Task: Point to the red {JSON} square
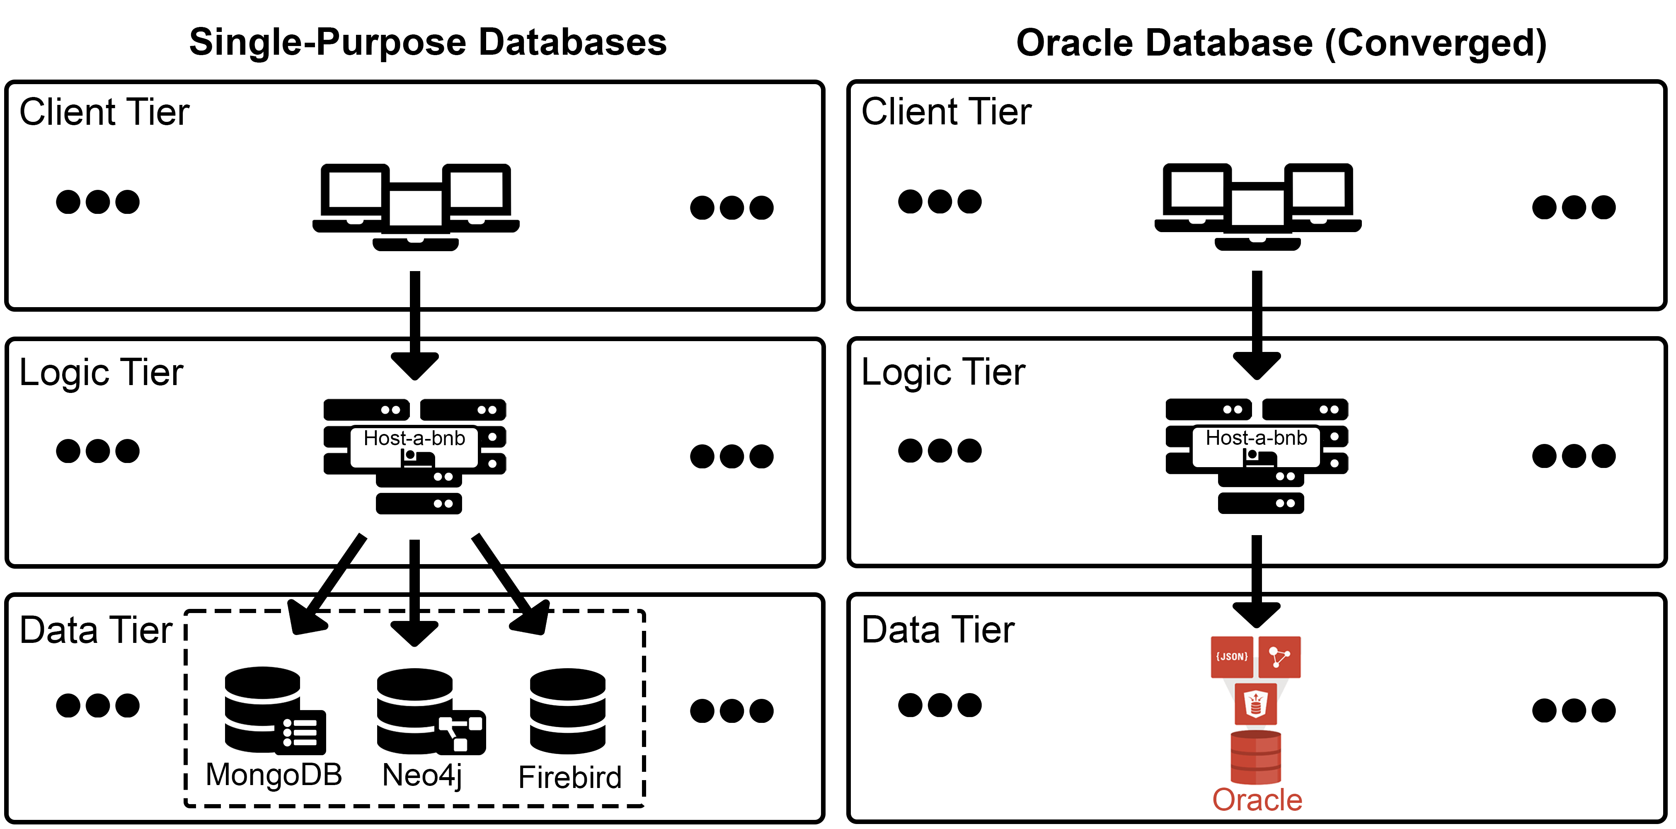pyautogui.click(x=1232, y=657)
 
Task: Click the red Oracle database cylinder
pyautogui.click(x=1256, y=757)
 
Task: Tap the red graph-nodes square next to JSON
pyautogui.click(x=1280, y=657)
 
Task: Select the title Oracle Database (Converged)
pyautogui.click(x=1281, y=43)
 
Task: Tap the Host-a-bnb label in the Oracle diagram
pyautogui.click(x=1256, y=438)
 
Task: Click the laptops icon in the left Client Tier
pyautogui.click(x=416, y=207)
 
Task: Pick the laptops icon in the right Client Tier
pyautogui.click(x=1258, y=207)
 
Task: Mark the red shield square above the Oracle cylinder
pyautogui.click(x=1256, y=704)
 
